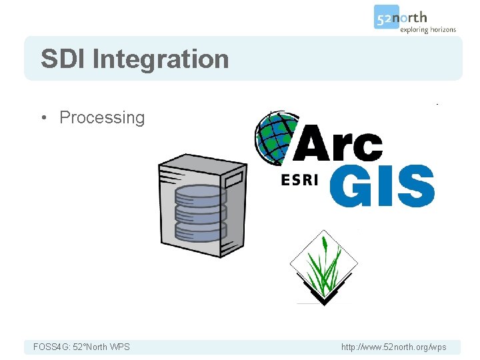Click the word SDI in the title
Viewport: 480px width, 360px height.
click(x=63, y=59)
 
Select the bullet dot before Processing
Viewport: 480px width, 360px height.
click(x=43, y=118)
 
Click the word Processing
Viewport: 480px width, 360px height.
click(x=102, y=118)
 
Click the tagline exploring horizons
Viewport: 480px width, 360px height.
click(x=427, y=29)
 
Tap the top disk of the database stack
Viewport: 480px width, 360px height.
click(x=200, y=195)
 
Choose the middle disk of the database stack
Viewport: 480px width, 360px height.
click(x=200, y=213)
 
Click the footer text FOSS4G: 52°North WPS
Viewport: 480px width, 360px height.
click(x=81, y=347)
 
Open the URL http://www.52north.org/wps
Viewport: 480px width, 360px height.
click(x=393, y=347)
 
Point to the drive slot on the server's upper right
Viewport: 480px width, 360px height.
click(x=233, y=180)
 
